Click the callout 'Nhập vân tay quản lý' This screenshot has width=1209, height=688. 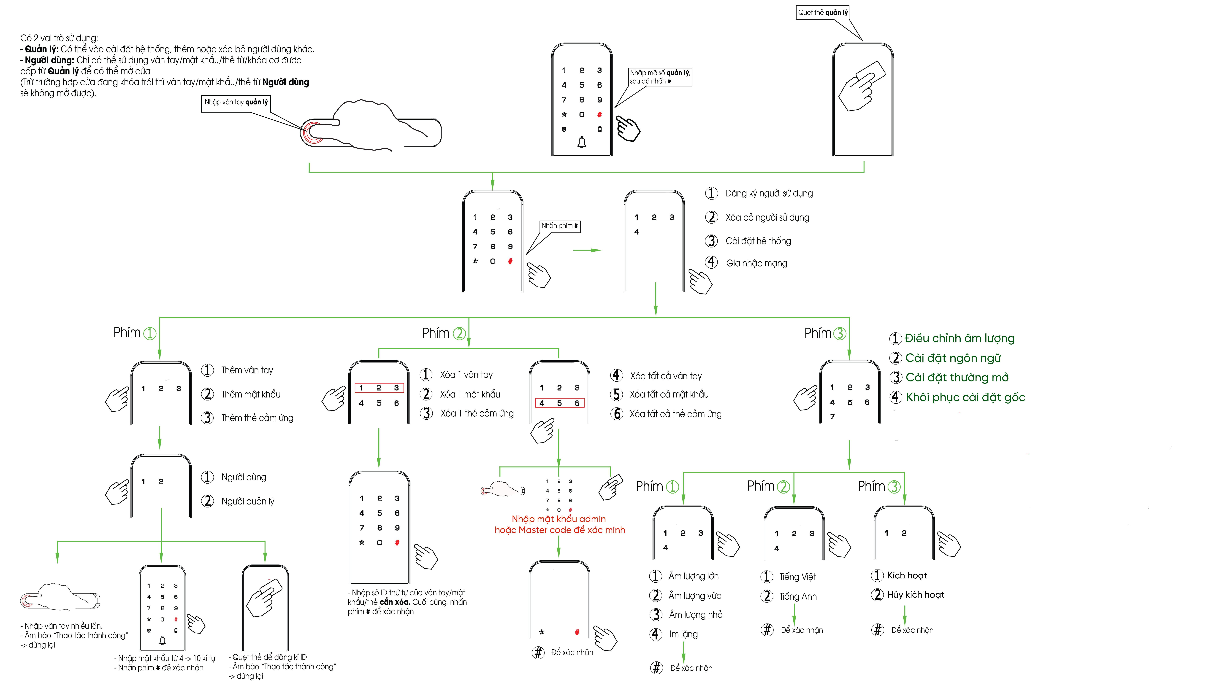[236, 102]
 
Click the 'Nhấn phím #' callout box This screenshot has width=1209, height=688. [560, 226]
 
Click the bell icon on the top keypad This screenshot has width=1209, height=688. [582, 142]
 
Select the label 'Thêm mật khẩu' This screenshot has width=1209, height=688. [250, 394]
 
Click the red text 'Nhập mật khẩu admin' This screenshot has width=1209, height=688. [559, 519]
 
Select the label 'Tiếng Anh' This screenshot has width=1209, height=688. [798, 596]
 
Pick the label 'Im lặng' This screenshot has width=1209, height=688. [683, 634]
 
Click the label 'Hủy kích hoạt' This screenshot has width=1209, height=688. [915, 594]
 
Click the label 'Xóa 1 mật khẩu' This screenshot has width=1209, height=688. [470, 394]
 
